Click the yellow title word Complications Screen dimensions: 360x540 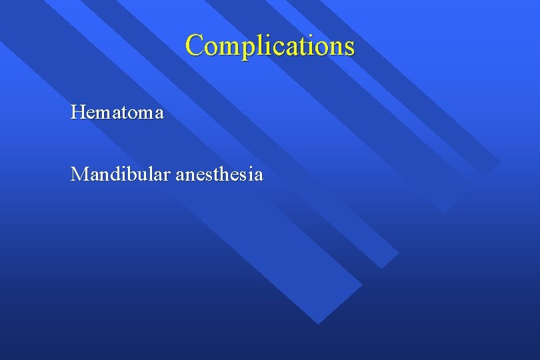(x=270, y=45)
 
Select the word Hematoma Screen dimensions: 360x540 (x=117, y=112)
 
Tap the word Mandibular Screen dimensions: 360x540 (x=121, y=175)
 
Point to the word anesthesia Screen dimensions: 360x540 (x=219, y=175)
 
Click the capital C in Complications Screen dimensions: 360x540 (x=195, y=45)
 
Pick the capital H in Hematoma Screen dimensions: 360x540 (x=77, y=112)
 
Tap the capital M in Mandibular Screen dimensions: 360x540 (x=79, y=175)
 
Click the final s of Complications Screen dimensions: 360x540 (x=349, y=47)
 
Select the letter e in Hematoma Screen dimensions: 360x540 (x=91, y=113)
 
